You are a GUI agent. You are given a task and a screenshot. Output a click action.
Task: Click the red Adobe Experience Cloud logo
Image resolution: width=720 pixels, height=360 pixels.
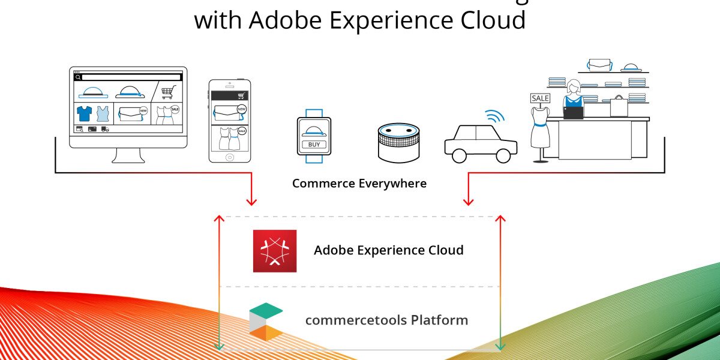click(x=275, y=251)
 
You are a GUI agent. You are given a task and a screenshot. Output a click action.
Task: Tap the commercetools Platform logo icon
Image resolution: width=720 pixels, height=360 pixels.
click(x=266, y=322)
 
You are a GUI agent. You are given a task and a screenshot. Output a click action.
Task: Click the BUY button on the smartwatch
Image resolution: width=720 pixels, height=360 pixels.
click(x=314, y=145)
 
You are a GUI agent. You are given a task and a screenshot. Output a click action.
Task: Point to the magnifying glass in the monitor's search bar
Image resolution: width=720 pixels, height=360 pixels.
click(x=78, y=77)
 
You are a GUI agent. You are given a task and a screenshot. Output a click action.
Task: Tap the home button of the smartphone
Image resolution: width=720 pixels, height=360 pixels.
click(x=229, y=157)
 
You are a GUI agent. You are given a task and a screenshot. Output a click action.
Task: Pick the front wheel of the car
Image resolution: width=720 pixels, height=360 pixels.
click(x=459, y=155)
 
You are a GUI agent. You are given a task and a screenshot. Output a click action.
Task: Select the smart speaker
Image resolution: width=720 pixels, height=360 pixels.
click(x=398, y=143)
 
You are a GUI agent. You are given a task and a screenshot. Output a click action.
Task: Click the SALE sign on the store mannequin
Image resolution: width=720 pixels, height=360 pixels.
click(x=540, y=98)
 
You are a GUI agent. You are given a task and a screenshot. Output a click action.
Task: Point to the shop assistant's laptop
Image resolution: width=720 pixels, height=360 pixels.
click(x=574, y=112)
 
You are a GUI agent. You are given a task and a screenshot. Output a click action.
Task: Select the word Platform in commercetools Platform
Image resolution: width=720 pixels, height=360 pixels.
click(x=439, y=320)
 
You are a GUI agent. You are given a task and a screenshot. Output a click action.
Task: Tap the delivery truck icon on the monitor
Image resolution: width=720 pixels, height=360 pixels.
click(x=105, y=129)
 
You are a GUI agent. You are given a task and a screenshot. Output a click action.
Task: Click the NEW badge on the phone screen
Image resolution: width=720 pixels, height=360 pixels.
click(x=241, y=109)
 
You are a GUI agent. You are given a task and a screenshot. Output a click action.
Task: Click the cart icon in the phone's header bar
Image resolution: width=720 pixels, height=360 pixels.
click(x=242, y=95)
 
